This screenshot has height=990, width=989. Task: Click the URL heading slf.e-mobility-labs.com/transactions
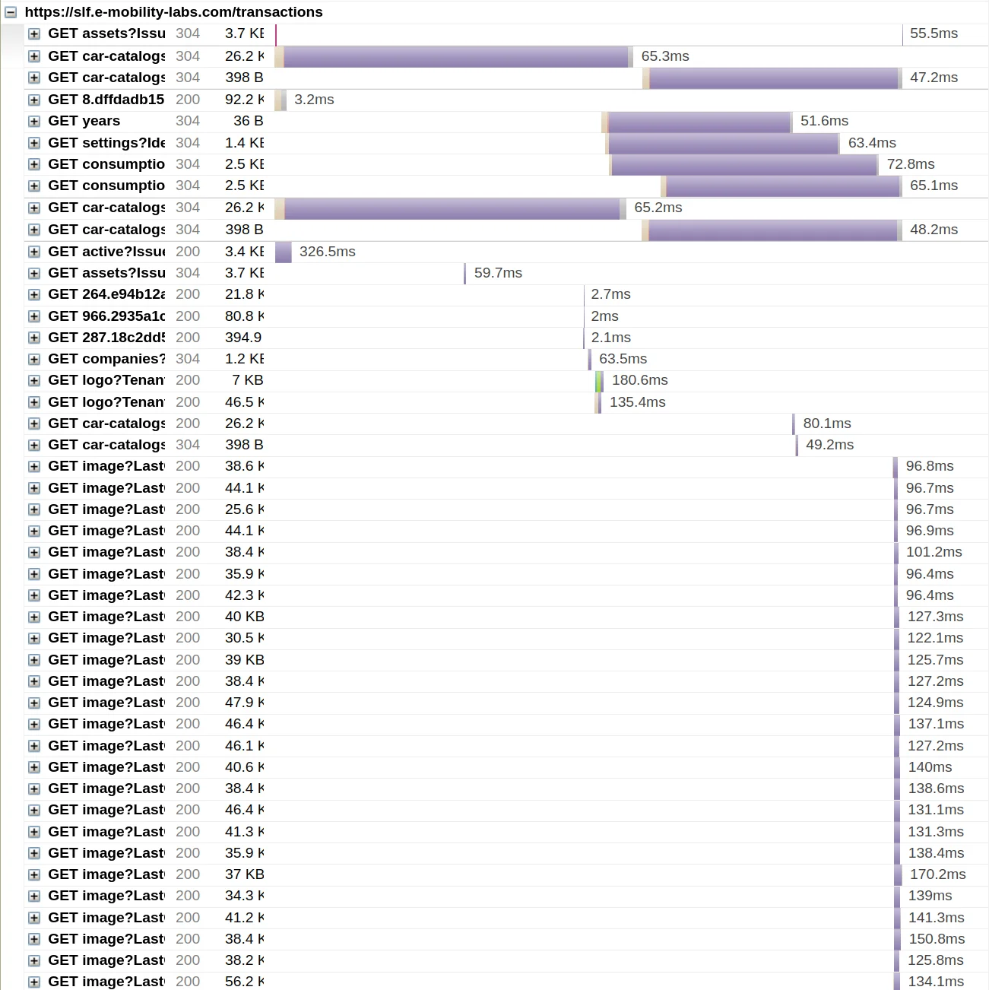tap(173, 12)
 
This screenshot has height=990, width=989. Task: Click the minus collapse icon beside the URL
tap(11, 12)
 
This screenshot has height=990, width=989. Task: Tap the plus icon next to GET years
tap(34, 122)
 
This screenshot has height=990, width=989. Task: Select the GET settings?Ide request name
tap(106, 143)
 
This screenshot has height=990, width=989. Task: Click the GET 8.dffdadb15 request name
tap(106, 100)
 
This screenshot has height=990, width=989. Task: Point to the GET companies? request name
tap(106, 359)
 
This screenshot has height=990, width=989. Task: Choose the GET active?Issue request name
tap(106, 252)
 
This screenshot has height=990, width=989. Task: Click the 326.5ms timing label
tap(327, 252)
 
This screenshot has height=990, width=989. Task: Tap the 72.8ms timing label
tap(911, 164)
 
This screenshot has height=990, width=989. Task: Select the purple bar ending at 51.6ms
tap(699, 122)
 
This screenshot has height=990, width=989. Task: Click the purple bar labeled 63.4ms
tap(723, 143)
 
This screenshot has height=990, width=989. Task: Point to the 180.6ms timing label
tap(640, 380)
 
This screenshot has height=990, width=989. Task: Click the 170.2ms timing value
tap(937, 874)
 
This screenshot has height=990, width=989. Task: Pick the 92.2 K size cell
tap(244, 100)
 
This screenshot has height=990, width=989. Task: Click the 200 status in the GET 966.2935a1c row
tap(188, 316)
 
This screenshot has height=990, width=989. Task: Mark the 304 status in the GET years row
tap(188, 121)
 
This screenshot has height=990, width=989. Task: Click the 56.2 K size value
tap(244, 982)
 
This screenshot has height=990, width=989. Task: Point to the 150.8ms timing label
tap(937, 939)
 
